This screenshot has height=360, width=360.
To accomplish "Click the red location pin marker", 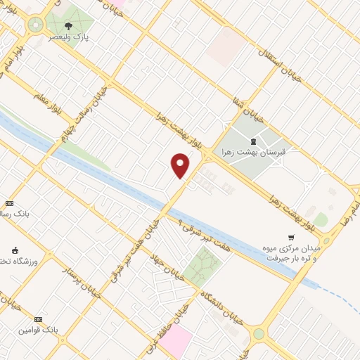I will (x=181, y=165).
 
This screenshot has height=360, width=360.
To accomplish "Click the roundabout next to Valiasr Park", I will (x=33, y=27).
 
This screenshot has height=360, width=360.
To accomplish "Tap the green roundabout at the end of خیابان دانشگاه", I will (x=259, y=333).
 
